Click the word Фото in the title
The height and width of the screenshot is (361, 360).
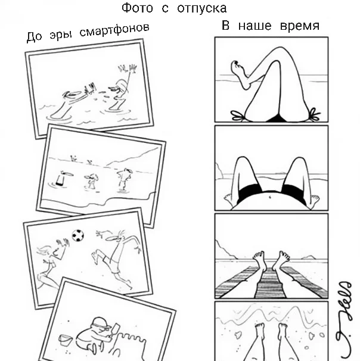(137, 8)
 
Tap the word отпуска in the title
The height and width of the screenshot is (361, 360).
(202, 9)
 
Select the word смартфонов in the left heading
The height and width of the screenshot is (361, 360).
(114, 30)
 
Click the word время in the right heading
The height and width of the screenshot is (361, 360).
(300, 26)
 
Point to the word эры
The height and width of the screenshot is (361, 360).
(61, 35)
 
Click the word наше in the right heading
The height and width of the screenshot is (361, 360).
(255, 26)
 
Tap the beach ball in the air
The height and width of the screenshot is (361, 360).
(78, 235)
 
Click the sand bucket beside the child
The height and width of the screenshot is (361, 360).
(65, 340)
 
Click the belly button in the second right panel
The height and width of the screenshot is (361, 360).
(270, 197)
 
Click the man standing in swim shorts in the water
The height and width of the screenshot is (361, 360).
(124, 180)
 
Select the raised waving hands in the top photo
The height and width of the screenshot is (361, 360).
(128, 69)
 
